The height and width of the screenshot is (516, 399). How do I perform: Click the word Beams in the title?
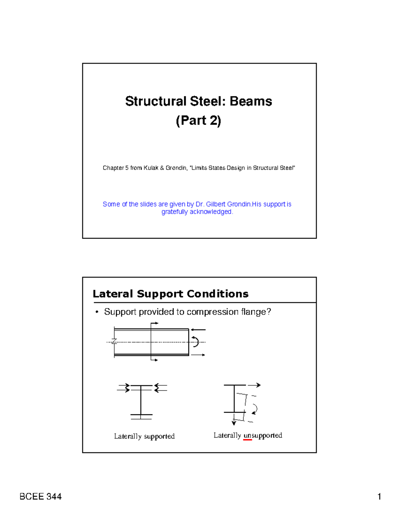click(x=251, y=101)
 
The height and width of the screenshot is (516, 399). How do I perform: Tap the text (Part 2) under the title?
click(x=199, y=120)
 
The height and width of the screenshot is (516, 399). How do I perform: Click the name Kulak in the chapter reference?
click(x=151, y=168)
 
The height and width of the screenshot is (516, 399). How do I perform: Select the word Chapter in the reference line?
click(x=113, y=168)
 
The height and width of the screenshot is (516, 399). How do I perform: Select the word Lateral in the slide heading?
click(x=113, y=294)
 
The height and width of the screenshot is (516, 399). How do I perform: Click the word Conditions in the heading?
click(x=217, y=294)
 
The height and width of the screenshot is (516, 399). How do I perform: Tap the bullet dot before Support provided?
click(x=97, y=312)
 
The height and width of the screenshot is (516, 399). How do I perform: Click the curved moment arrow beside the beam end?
click(x=196, y=342)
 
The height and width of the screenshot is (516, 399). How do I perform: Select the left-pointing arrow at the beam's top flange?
click(x=198, y=330)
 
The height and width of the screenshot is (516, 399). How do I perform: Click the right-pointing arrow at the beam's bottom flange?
click(x=198, y=355)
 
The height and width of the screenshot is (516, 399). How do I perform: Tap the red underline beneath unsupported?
click(x=247, y=440)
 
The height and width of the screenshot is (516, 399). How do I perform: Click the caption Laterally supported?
click(x=144, y=436)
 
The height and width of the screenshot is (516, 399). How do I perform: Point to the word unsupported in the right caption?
click(x=263, y=435)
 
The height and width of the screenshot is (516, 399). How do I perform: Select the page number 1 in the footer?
click(x=379, y=497)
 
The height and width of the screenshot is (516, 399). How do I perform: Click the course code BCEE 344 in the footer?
click(x=41, y=497)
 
